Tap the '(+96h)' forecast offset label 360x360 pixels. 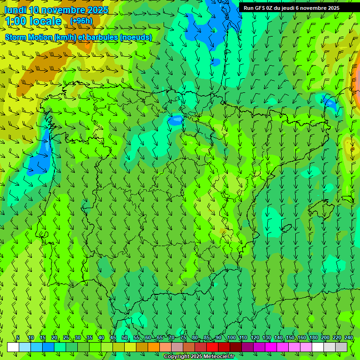81,21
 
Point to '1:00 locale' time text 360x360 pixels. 33,21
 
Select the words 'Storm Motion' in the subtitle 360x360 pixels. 29,37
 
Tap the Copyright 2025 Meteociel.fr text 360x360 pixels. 199,356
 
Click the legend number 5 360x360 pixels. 18,338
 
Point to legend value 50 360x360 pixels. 125,338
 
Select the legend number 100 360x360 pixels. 231,338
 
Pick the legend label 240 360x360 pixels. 348,338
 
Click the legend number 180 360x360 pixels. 313,338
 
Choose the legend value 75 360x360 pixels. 183,338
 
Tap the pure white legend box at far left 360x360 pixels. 13,347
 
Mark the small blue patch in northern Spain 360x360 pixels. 176,120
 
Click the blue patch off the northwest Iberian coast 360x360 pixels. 41,155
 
